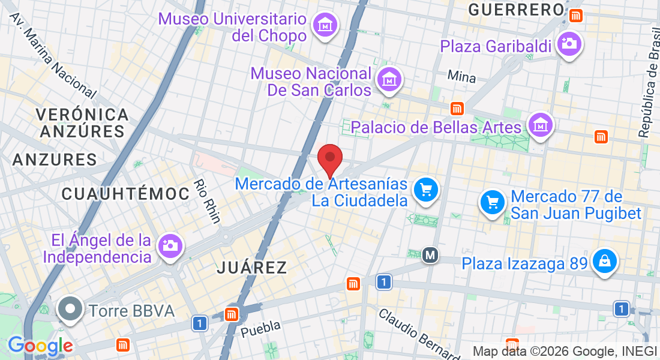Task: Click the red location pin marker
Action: coord(329,158)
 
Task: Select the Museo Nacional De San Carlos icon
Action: coord(389,79)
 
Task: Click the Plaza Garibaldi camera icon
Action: coord(569,44)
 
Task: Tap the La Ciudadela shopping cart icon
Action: coord(426,190)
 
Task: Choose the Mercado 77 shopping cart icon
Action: coord(493,203)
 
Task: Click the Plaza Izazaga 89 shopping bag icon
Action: coord(604,262)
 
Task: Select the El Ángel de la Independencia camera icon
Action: coord(170,245)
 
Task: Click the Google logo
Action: coord(40,346)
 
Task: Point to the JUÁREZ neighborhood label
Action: coord(252,268)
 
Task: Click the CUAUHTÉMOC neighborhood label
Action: coord(125,194)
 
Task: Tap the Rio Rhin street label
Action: coord(208,202)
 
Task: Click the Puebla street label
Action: coord(260,328)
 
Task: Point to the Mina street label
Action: coord(461,77)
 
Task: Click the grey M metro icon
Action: coord(430,256)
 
